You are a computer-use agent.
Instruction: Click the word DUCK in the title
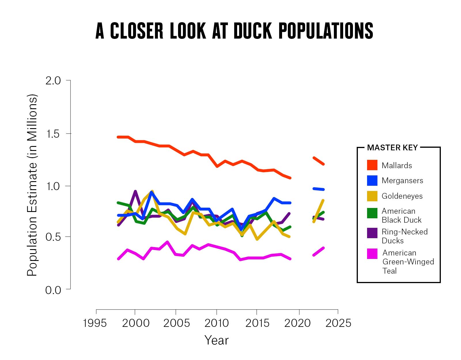252,31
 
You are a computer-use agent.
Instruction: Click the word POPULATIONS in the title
326,31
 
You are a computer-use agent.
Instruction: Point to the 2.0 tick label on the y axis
53,81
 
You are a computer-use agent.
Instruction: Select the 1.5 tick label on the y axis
53,134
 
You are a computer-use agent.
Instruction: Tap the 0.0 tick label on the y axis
53,290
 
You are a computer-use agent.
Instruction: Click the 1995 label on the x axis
95,323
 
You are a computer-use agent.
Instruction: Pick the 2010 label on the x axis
217,323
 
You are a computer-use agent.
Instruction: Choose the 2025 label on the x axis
338,323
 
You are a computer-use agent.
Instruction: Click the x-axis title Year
216,340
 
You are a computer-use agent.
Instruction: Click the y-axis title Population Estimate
32,185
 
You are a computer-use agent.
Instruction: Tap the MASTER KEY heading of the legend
392,148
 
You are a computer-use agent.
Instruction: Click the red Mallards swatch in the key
372,165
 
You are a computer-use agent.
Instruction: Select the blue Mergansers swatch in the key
372,181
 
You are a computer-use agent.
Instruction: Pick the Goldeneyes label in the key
402,196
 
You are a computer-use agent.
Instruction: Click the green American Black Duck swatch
372,213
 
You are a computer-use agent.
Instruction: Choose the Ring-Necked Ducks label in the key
405,236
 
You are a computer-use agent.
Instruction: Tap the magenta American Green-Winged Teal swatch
372,254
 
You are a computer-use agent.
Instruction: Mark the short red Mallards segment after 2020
319,161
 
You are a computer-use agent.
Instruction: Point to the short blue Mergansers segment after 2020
319,189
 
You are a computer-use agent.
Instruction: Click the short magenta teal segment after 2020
319,251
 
